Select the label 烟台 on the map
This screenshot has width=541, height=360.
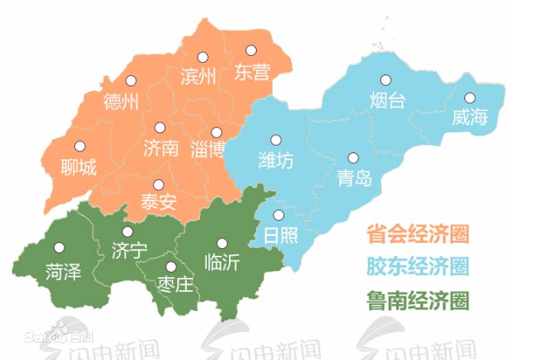pyautogui.click(x=386, y=100)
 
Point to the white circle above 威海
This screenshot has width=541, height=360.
pyautogui.click(x=470, y=97)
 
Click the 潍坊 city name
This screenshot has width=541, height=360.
pyautogui.click(x=275, y=162)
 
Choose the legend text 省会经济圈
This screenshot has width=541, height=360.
pyautogui.click(x=417, y=232)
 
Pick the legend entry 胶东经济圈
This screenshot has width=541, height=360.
pyautogui.click(x=417, y=266)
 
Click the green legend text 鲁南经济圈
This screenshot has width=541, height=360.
pyautogui.click(x=417, y=299)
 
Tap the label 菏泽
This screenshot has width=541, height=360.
pyautogui.click(x=63, y=270)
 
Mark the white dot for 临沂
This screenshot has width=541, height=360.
pyautogui.click(x=222, y=243)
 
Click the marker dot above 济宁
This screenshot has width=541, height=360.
pyautogui.click(x=127, y=231)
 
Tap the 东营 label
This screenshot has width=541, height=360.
pyautogui.click(x=252, y=73)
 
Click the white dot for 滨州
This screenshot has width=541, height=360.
pyautogui.click(x=202, y=57)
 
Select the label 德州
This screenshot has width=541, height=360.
pyautogui.click(x=120, y=101)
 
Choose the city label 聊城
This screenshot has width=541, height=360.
pyautogui.click(x=79, y=166)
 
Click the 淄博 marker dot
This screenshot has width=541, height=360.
pyautogui.click(x=216, y=132)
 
